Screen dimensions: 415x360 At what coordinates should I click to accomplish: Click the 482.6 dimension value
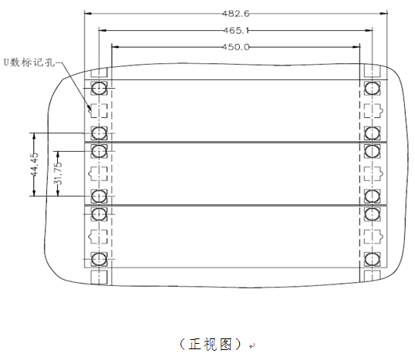pyautogui.click(x=235, y=13)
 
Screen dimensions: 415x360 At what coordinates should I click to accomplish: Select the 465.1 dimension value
pyautogui.click(x=236, y=31)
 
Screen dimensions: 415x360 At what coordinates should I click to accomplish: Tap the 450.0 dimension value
pyautogui.click(x=235, y=47)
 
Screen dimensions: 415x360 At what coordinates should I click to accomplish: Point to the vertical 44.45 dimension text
pyautogui.click(x=35, y=164)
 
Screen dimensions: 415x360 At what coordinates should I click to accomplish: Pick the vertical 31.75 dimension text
pyautogui.click(x=58, y=173)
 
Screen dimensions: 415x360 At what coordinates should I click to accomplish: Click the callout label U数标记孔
pyautogui.click(x=29, y=62)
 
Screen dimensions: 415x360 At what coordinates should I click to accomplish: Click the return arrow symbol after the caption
pyautogui.click(x=252, y=345)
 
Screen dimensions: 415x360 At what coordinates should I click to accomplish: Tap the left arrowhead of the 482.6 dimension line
pyautogui.click(x=88, y=13)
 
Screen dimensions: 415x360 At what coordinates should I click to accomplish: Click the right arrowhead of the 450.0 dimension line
pyautogui.click(x=356, y=47)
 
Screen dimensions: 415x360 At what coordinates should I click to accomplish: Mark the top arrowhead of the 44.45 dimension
pyautogui.click(x=34, y=136)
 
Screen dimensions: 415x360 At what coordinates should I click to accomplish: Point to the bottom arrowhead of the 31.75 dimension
pyautogui.click(x=58, y=193)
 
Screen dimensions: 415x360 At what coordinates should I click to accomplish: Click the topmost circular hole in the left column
pyautogui.click(x=99, y=88)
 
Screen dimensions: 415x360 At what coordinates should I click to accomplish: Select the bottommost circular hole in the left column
pyautogui.click(x=99, y=259)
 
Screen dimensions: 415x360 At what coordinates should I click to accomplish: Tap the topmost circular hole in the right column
pyautogui.click(x=372, y=88)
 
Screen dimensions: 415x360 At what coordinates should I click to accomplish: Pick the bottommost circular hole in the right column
pyautogui.click(x=372, y=260)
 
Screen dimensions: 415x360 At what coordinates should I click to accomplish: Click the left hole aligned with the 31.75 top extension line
pyautogui.click(x=99, y=151)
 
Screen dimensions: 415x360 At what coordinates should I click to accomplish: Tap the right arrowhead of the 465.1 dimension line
pyautogui.click(x=369, y=30)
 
